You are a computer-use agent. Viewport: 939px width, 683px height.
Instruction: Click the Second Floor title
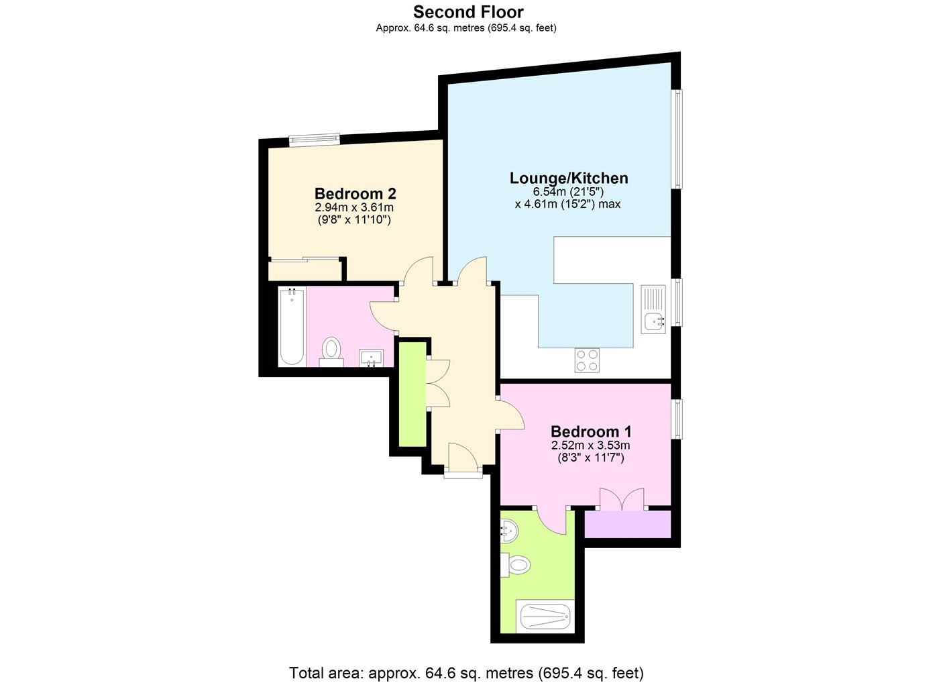pos(468,12)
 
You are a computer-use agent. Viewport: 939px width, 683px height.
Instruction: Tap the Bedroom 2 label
pos(355,194)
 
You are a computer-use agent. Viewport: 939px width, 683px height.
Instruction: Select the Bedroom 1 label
pos(591,431)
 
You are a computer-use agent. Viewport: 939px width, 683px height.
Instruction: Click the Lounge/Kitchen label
pos(569,178)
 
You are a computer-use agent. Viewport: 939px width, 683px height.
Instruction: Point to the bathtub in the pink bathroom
pos(292,326)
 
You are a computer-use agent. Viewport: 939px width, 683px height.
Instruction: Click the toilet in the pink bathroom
pos(331,352)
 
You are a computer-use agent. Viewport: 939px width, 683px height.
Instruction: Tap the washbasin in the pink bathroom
pos(371,358)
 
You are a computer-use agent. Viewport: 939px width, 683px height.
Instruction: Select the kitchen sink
pos(653,309)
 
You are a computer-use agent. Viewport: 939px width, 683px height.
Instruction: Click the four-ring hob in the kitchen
pos(587,360)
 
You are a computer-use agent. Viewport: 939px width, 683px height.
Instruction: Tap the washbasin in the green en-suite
pos(509,531)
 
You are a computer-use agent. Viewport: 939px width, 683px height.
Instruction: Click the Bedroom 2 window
pos(314,140)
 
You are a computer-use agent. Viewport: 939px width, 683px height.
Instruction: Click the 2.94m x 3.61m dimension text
pos(354,207)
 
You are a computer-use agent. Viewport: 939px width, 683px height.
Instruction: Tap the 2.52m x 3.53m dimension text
pos(591,445)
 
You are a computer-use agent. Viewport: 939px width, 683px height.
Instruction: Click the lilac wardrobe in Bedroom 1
pos(628,524)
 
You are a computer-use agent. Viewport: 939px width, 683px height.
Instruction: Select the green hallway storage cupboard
pos(412,395)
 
